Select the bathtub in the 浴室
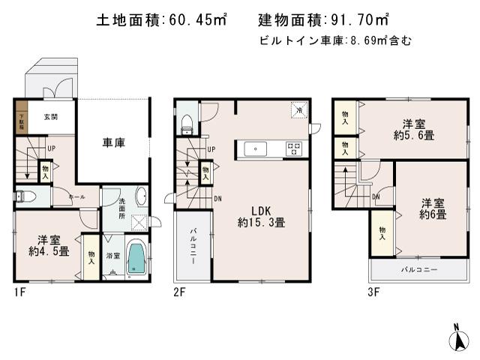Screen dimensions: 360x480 136,257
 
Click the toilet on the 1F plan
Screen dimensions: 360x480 25,196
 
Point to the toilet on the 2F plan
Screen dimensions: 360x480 186,125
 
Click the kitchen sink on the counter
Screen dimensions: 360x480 256,148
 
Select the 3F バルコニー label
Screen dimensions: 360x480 418,268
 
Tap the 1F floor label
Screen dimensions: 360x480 19,291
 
